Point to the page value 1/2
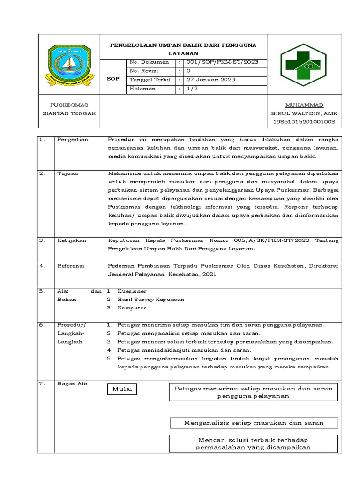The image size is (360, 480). coord(192,88)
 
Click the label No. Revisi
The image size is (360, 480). coord(144,71)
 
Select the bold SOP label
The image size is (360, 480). coord(113,79)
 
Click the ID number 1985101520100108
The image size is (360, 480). coord(304,122)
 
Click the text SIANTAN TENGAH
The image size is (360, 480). coord(69,113)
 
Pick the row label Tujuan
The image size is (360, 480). coord(67,173)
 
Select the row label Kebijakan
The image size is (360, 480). coord(72,240)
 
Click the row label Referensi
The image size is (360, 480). coord(70,266)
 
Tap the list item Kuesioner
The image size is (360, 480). coord(132,291)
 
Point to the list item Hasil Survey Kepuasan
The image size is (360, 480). coord(150,299)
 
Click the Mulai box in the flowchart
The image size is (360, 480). coord(122,389)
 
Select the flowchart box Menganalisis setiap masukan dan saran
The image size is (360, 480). coord(253,423)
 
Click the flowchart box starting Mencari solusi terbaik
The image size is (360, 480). coord(253,443)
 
